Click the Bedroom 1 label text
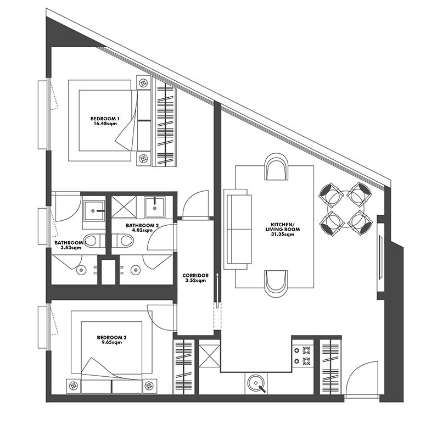click(x=105, y=119)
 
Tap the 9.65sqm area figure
click(x=111, y=342)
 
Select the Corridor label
click(x=195, y=275)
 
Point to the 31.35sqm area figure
click(x=283, y=234)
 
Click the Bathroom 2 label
click(x=142, y=226)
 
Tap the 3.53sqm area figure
click(x=71, y=248)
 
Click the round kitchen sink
click(x=256, y=383)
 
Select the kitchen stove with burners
click(x=302, y=355)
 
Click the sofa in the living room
click(x=238, y=229)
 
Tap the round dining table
click(x=346, y=209)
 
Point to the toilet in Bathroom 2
click(x=124, y=241)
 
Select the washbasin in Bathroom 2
click(x=154, y=208)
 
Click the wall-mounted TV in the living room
click(x=380, y=257)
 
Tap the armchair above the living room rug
click(x=276, y=166)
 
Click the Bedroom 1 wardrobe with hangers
click(x=165, y=122)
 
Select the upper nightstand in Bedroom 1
click(x=143, y=82)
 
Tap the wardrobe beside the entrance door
click(x=330, y=366)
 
